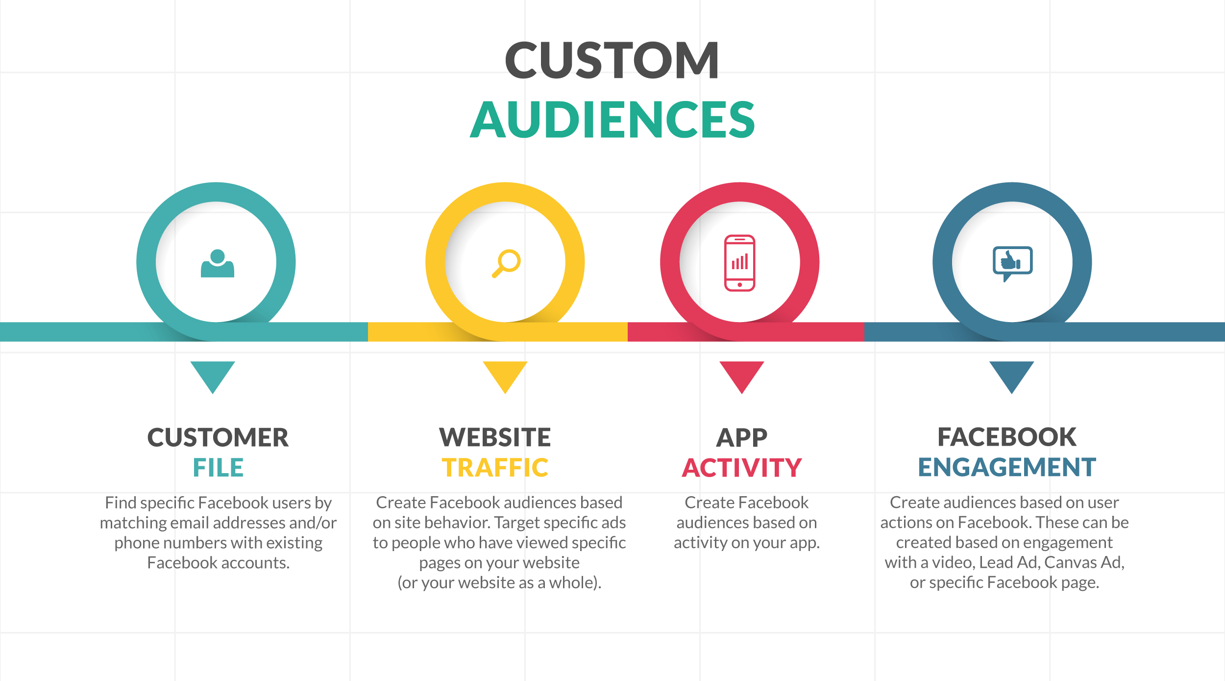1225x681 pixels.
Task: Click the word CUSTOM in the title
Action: (x=612, y=60)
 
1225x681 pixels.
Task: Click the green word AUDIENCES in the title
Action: (x=612, y=120)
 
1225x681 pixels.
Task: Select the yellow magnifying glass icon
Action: (x=506, y=263)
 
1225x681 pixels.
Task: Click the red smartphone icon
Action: (x=739, y=263)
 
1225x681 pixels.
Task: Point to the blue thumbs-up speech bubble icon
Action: (x=1012, y=263)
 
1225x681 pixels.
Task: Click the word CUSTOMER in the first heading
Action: (x=218, y=437)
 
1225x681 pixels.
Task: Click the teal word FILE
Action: (x=218, y=468)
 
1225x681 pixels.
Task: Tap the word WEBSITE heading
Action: (x=495, y=437)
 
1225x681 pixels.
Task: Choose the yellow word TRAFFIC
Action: (x=495, y=468)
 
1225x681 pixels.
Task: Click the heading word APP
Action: (x=741, y=437)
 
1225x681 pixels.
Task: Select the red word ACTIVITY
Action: (x=741, y=468)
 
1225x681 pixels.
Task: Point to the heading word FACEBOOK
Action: (x=1007, y=437)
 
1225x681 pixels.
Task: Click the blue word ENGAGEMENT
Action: (x=1007, y=467)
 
